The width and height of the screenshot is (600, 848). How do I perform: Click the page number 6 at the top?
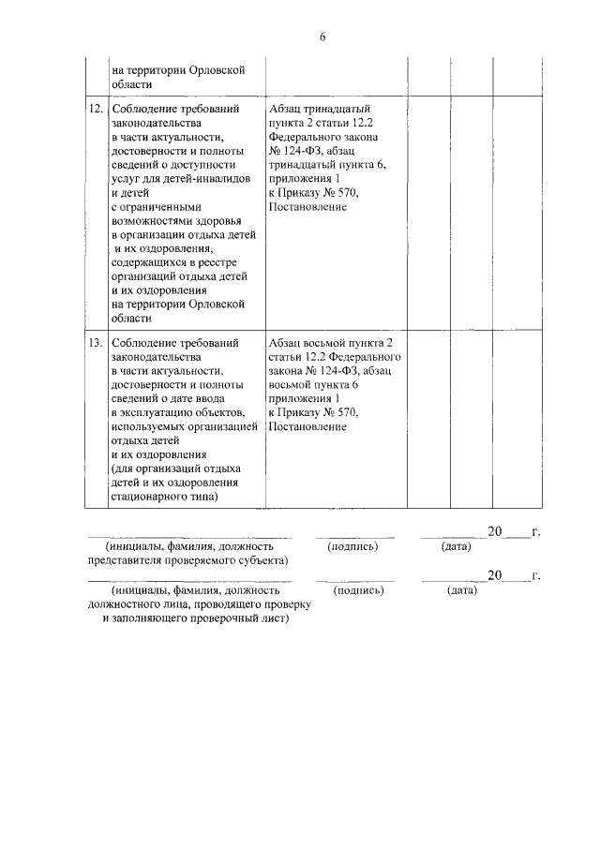(321, 37)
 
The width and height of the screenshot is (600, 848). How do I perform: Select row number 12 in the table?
(95, 109)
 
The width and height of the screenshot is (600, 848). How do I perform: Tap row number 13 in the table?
(95, 343)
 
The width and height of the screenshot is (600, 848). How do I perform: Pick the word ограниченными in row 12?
(161, 207)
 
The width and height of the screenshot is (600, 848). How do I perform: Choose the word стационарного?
(152, 497)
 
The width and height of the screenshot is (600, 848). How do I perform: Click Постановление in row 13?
(307, 427)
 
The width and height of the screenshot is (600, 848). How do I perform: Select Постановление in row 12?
(307, 207)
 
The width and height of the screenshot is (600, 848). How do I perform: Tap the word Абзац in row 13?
(286, 343)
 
